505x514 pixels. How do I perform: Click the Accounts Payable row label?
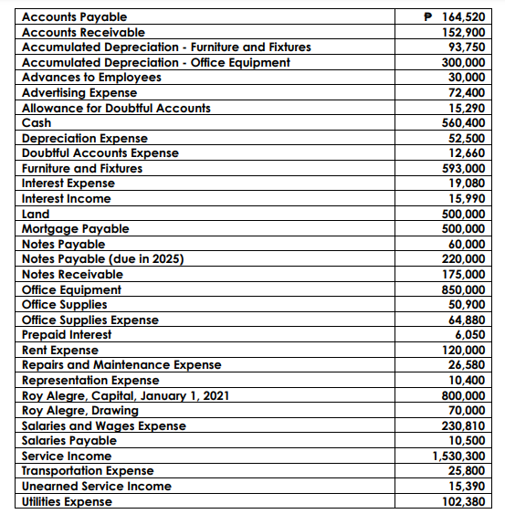coord(74,16)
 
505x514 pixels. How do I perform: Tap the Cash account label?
coord(37,122)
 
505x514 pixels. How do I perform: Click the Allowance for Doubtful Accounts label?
coord(116,108)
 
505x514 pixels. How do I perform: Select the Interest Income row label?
coord(66,198)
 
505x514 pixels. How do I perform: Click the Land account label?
coord(36,214)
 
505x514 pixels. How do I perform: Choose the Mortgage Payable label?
coord(75,228)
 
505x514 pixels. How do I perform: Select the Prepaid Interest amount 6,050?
coord(469,334)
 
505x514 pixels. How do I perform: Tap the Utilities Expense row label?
coord(67,501)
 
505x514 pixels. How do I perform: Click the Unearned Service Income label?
coord(96,486)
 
